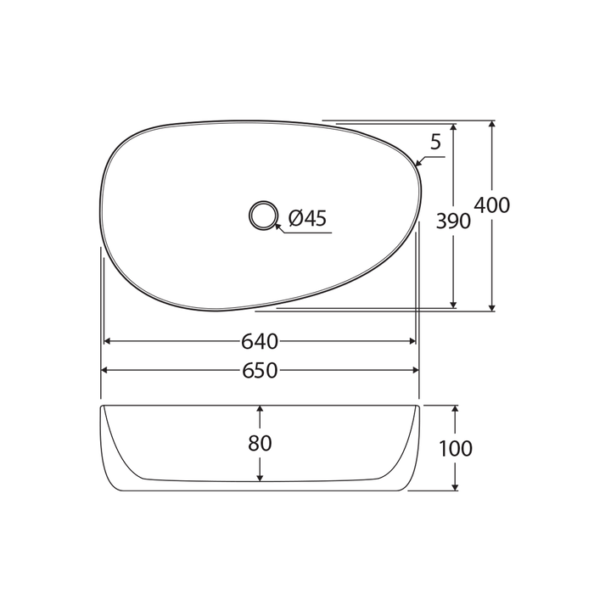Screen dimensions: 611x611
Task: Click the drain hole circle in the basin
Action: pos(263,215)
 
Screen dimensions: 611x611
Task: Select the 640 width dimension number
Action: pos(260,341)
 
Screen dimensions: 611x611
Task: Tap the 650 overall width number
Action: pos(260,371)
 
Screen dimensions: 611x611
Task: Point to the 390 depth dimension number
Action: pos(453,221)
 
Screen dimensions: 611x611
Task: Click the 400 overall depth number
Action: pos(492,205)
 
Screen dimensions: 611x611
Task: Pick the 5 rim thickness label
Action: pos(435,143)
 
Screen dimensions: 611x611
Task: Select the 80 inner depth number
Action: pos(260,443)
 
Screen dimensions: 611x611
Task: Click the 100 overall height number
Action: pos(456,449)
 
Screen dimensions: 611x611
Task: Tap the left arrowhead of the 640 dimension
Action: pos(108,341)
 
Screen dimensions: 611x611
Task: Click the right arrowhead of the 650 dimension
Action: pos(415,371)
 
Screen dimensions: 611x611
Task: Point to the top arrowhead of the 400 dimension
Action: pos(492,126)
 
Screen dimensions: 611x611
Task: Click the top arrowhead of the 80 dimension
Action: pos(260,410)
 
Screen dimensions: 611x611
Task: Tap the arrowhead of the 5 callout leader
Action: pos(419,163)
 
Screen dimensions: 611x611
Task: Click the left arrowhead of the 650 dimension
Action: pos(105,371)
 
